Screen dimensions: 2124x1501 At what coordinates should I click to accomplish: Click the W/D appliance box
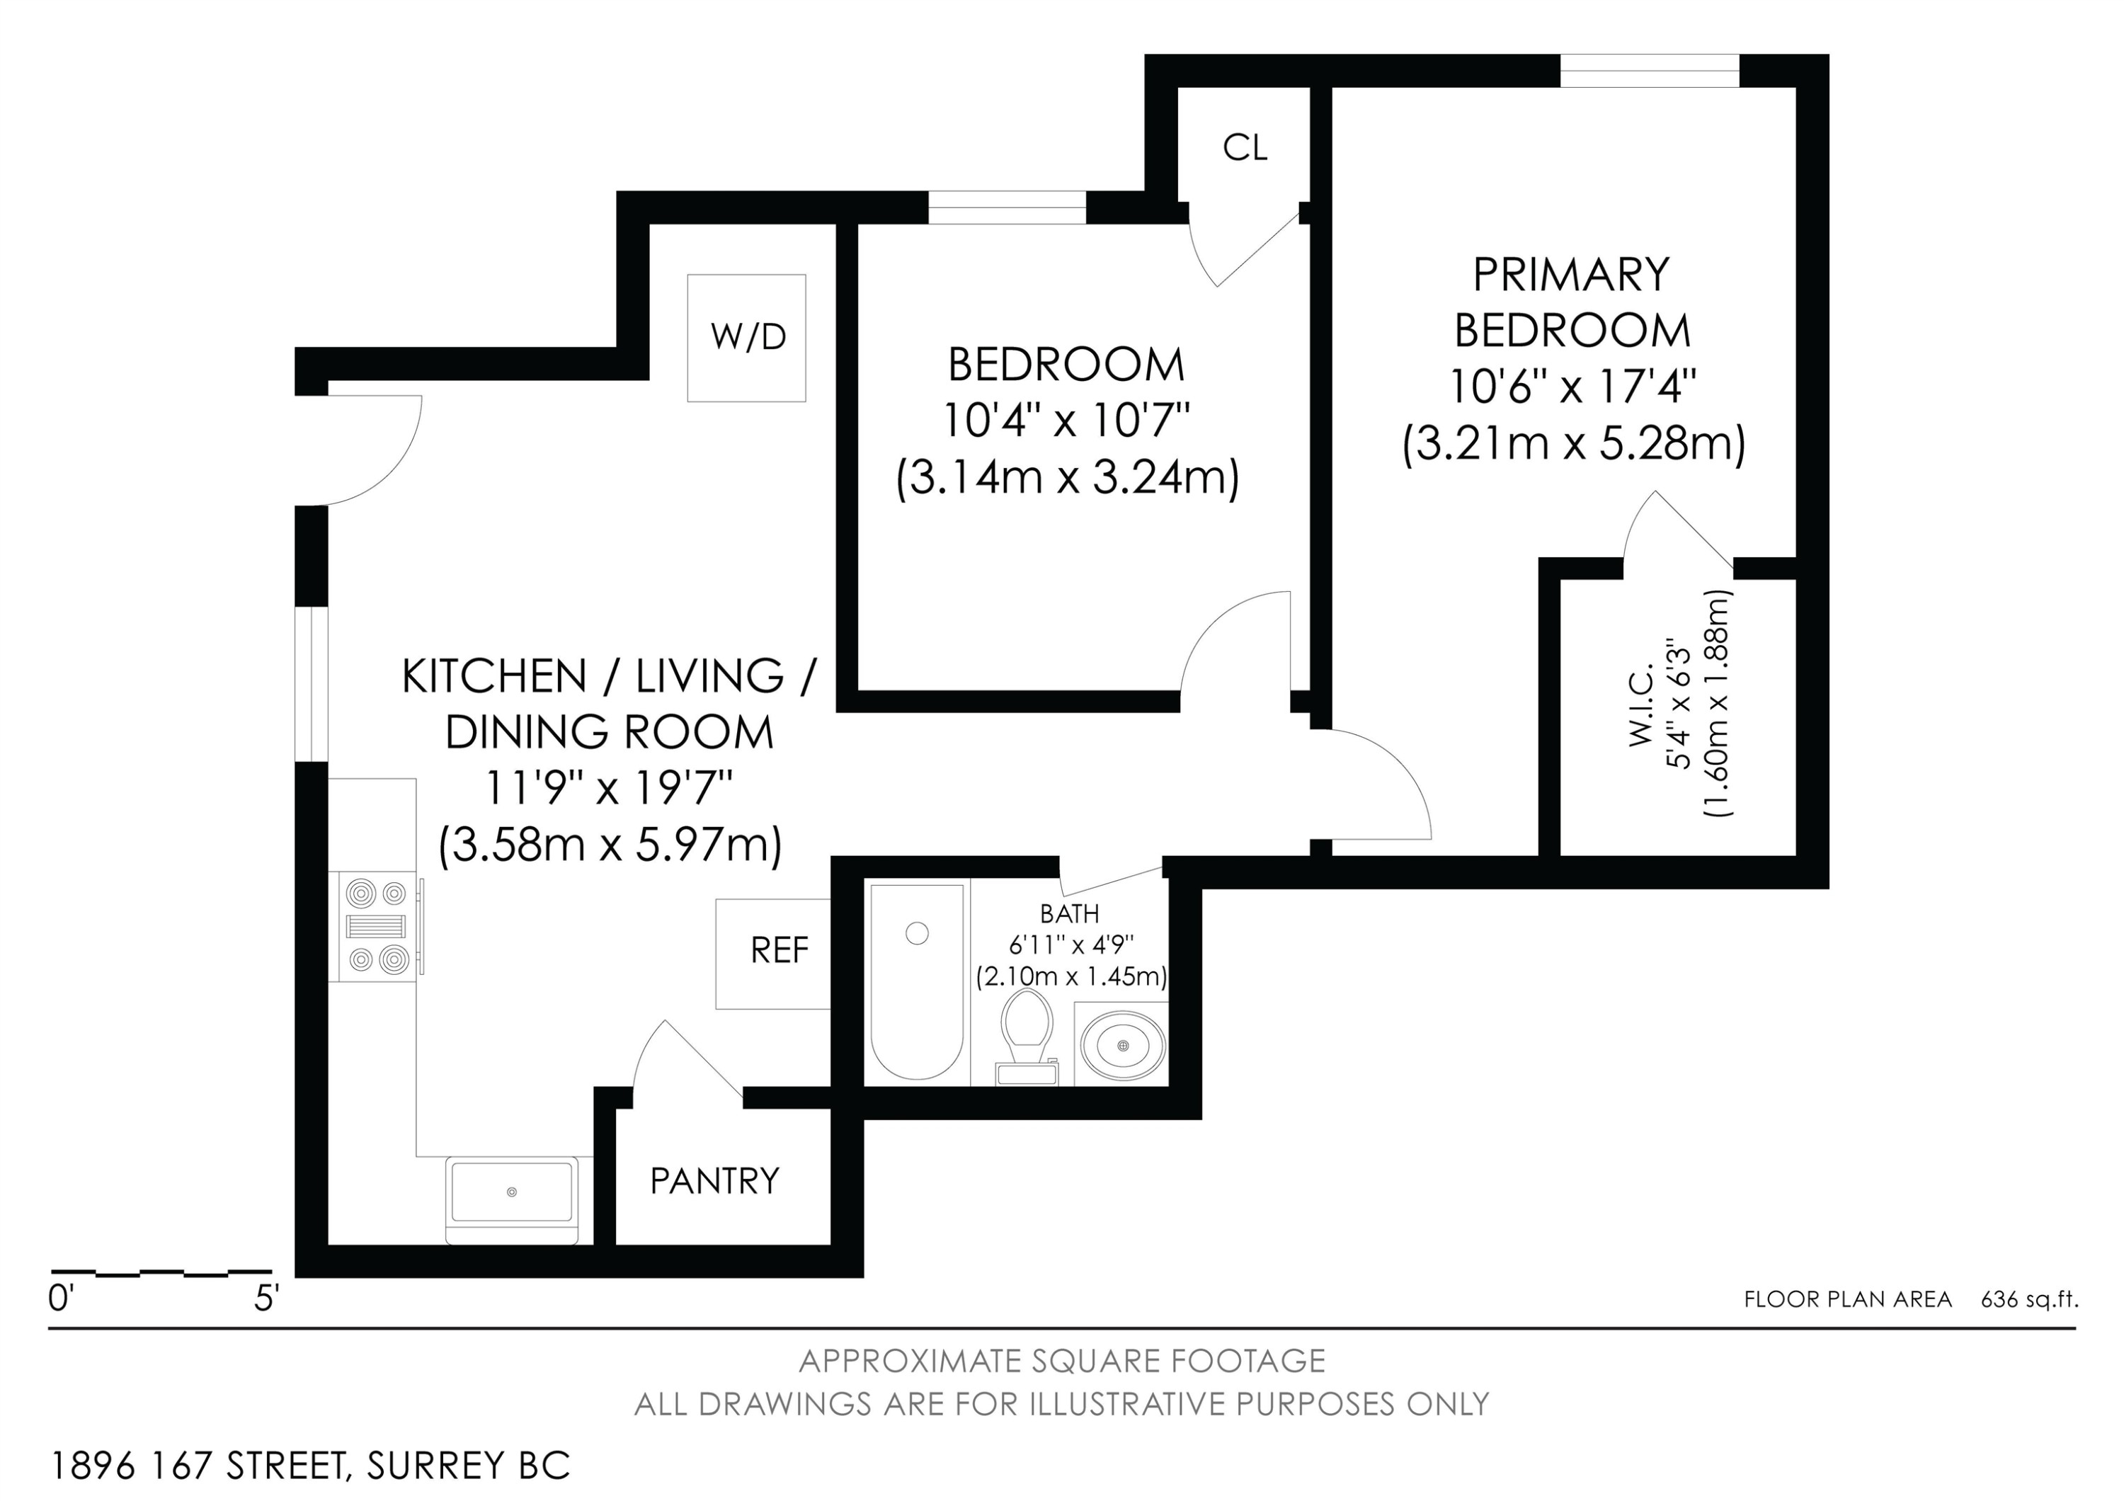click(x=746, y=338)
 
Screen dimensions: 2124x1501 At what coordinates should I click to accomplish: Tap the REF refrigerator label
click(x=779, y=949)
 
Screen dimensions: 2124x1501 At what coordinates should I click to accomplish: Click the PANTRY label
click(x=714, y=1181)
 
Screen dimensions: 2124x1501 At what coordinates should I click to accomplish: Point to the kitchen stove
click(x=378, y=928)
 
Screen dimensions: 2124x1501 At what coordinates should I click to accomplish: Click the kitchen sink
click(x=512, y=1199)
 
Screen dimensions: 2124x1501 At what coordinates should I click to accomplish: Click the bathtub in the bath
click(x=917, y=981)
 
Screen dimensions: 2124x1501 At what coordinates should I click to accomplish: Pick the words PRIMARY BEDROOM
click(x=1572, y=302)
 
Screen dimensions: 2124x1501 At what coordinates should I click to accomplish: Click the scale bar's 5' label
click(x=266, y=1299)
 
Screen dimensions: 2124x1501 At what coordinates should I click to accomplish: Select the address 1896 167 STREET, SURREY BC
click(x=311, y=1466)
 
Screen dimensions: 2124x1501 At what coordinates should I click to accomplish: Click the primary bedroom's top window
click(x=1650, y=72)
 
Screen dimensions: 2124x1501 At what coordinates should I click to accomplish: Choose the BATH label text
click(x=1069, y=914)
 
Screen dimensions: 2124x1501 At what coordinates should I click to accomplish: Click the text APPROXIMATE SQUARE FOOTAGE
click(x=1062, y=1360)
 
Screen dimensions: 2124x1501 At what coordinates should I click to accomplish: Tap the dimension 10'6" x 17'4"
click(x=1572, y=387)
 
